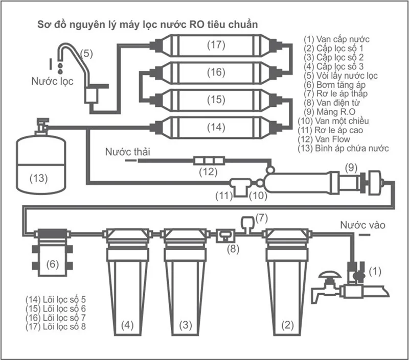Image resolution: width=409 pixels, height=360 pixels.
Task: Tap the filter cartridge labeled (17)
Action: [x=216, y=45]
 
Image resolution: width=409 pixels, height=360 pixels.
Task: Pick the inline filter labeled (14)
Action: [x=216, y=127]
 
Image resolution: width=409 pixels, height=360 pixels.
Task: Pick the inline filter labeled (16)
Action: [x=216, y=72]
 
